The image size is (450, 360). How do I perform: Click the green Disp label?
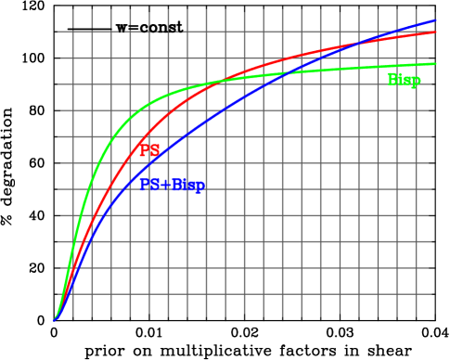click(404, 81)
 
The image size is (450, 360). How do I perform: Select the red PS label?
click(149, 150)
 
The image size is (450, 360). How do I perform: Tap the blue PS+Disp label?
click(172, 185)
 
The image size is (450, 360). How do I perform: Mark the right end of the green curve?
click(436, 63)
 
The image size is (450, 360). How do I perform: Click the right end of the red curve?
click(436, 32)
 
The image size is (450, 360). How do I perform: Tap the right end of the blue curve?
click(436, 19)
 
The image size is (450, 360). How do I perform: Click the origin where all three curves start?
click(54, 320)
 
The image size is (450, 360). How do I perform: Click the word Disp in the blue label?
click(188, 185)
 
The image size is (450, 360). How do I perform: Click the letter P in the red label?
click(144, 150)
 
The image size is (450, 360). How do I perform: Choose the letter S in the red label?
click(155, 150)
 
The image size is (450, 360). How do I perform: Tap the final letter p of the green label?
click(416, 82)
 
